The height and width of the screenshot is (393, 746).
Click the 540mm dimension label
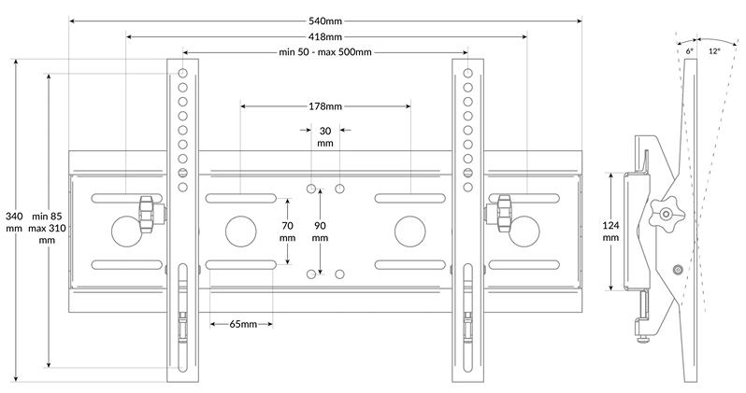coord(325,21)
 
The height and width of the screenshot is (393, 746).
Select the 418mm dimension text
coord(325,36)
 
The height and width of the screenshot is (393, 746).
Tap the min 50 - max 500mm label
coord(325,51)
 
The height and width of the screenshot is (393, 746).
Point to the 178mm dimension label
coord(325,106)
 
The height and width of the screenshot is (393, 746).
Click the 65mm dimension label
coord(243,324)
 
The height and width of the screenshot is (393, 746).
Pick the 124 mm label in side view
coord(610,232)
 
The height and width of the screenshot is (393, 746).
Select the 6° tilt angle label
coord(689,51)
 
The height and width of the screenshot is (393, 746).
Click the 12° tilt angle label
coord(714,51)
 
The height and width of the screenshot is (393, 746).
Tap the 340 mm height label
coord(14,222)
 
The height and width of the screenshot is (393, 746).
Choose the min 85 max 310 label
coord(47,228)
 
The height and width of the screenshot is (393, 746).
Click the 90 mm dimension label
coord(321,232)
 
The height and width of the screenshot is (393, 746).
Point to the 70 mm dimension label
coord(287,232)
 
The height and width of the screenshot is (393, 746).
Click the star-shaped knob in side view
coord(666,215)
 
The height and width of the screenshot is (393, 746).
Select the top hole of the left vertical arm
coord(182,73)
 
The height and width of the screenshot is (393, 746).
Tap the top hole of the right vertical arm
coord(467,73)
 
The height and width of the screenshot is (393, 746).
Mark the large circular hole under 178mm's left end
coord(241,232)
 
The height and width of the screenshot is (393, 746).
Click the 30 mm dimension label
coord(325,137)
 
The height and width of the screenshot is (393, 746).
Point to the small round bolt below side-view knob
coord(679,270)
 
